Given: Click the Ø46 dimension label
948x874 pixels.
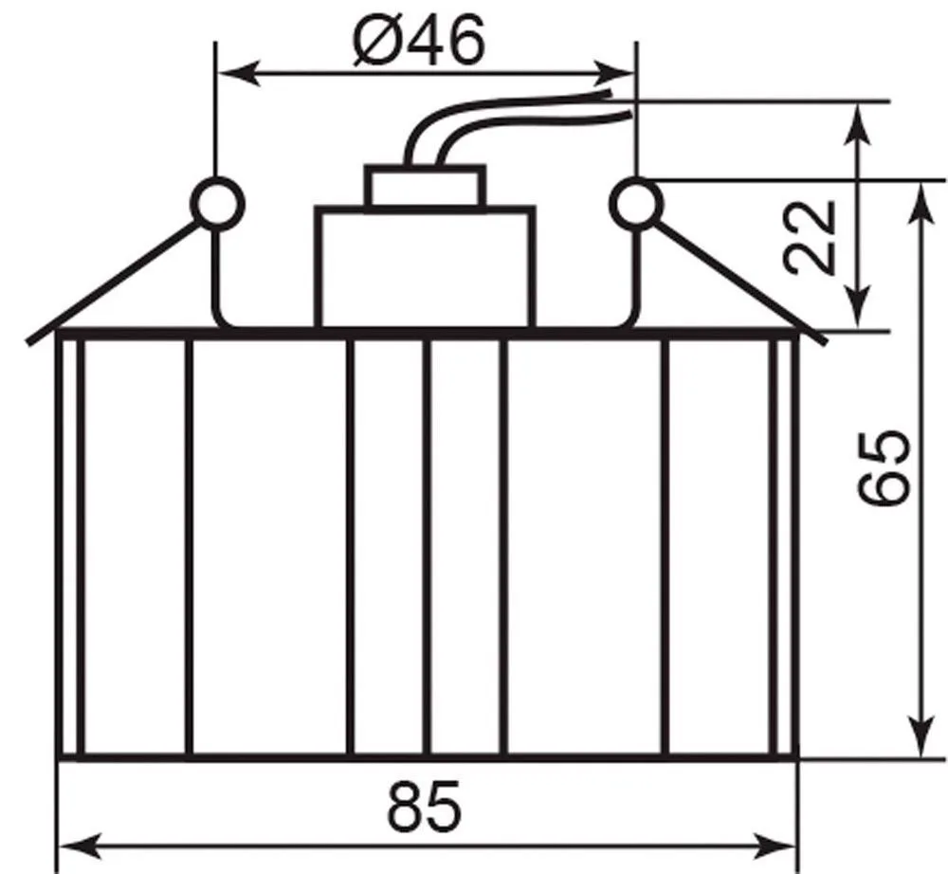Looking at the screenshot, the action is point(419,41).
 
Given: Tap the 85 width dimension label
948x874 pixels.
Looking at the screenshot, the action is point(425,807).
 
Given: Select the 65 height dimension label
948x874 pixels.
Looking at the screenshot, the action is point(884,466).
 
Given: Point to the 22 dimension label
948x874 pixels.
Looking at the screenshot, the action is point(809,237).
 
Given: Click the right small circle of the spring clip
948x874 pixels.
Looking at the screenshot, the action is point(635,203).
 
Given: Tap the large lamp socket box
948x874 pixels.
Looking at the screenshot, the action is point(425,267).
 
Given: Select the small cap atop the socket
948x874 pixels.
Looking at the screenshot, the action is point(425,186).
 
